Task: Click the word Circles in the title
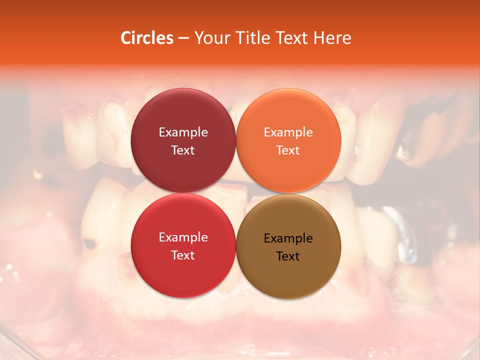pyautogui.click(x=146, y=38)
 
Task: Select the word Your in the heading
pyautogui.click(x=210, y=38)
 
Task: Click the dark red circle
pyautogui.click(x=183, y=120)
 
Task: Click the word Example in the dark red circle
pyautogui.click(x=183, y=132)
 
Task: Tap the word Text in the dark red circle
pyautogui.click(x=183, y=150)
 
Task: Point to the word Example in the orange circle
pyautogui.click(x=288, y=132)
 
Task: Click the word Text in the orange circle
pyautogui.click(x=288, y=150)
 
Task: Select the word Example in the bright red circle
pyautogui.click(x=183, y=237)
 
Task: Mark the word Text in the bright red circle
pyautogui.click(x=183, y=255)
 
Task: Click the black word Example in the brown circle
pyautogui.click(x=288, y=238)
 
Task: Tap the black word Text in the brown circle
pyautogui.click(x=288, y=256)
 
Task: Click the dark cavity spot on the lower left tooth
pyautogui.click(x=90, y=243)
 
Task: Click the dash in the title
pyautogui.click(x=183, y=38)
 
